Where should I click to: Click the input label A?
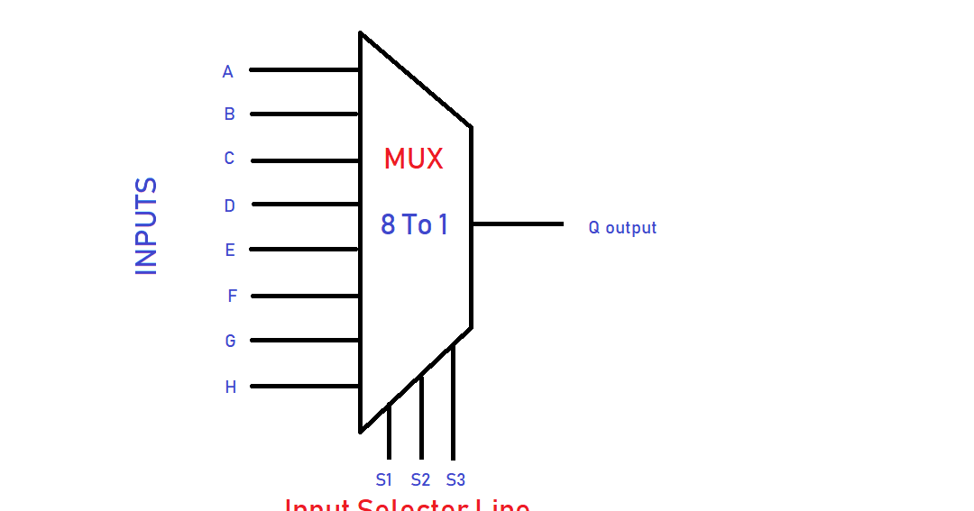(x=227, y=72)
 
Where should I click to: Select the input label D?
(x=229, y=206)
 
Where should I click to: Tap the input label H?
(x=230, y=388)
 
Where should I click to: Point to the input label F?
(x=232, y=296)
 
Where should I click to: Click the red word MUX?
(x=413, y=160)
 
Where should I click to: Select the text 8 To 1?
(x=414, y=224)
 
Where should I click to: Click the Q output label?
(x=622, y=228)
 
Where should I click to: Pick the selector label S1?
(x=384, y=479)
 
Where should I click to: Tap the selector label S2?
(x=420, y=479)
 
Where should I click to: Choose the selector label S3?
(x=455, y=479)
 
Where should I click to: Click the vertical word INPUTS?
(x=146, y=226)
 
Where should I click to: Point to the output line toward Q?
(x=518, y=224)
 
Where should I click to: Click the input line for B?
(x=304, y=114)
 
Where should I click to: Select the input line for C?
(x=305, y=161)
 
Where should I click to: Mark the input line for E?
(x=304, y=250)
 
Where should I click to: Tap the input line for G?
(x=304, y=341)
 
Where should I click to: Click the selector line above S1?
(x=389, y=433)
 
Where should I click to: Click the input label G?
(x=230, y=342)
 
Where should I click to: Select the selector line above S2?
(x=421, y=418)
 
